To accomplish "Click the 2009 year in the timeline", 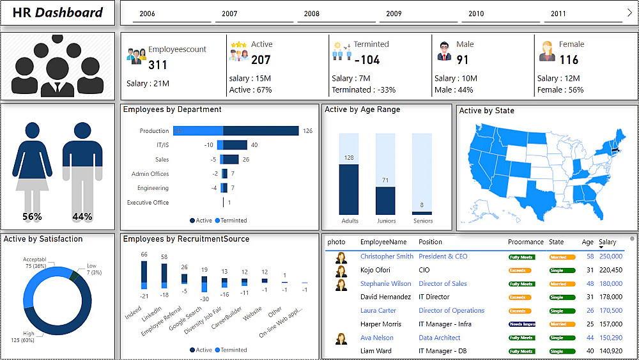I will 394,13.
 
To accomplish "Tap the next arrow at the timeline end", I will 629,12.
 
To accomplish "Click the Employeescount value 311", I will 158,65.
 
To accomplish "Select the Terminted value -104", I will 366,60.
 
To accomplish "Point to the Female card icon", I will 547,51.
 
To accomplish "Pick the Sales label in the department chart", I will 162,159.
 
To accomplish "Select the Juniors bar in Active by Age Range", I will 386,200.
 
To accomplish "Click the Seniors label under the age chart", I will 423,221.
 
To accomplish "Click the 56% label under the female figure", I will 32,217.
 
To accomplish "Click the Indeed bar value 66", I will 144,254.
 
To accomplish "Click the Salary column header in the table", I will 608,242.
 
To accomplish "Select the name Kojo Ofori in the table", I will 375,270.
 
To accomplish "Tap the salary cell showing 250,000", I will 610,256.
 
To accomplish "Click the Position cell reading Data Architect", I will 440,338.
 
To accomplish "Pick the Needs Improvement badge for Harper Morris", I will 521,324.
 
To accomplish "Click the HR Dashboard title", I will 58,12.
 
